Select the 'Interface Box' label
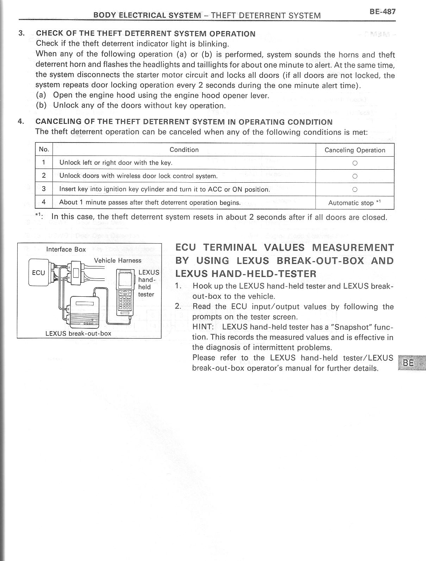pos(66,249)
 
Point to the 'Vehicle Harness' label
pos(118,260)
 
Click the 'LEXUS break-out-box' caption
pos(78,333)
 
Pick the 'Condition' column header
pos(184,150)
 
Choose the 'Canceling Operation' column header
pos(355,150)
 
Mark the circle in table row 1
pos(355,163)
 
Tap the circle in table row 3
pos(355,189)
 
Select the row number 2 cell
pos(44,176)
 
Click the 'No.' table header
pos(44,149)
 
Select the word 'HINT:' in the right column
pos(203,327)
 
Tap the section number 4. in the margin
pos(21,121)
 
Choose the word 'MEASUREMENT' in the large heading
pos(353,247)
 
